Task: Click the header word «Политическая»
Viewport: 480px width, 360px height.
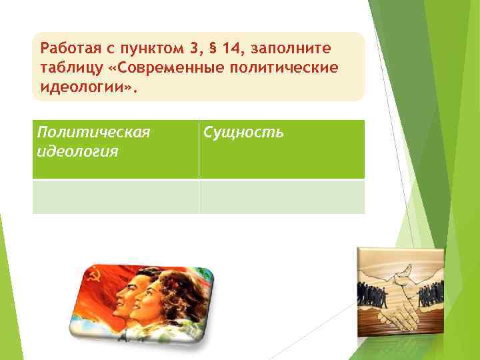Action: click(93, 133)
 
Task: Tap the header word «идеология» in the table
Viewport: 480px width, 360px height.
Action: click(78, 152)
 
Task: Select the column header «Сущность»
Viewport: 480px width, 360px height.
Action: click(244, 133)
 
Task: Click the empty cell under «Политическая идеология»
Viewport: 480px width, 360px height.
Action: click(115, 197)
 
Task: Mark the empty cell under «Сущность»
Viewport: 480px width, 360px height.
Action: click(281, 197)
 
